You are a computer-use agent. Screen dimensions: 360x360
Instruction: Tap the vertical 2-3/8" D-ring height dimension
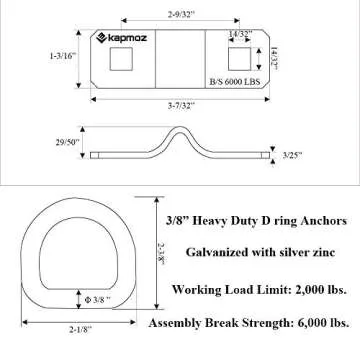point(164,246)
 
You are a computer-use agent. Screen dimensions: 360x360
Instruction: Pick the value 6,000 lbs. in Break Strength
point(319,324)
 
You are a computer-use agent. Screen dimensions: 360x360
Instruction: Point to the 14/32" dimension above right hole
point(239,34)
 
